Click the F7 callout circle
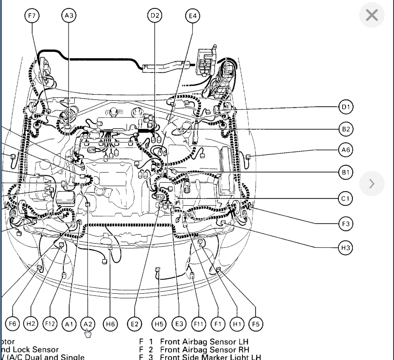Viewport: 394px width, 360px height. pyautogui.click(x=32, y=16)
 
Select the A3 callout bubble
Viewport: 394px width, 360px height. pyautogui.click(x=68, y=16)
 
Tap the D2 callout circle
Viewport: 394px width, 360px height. pyautogui.click(x=155, y=16)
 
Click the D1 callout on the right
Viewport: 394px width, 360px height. pyautogui.click(x=346, y=107)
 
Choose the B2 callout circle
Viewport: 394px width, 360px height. pyautogui.click(x=346, y=129)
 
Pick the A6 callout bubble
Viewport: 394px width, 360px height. pyautogui.click(x=346, y=150)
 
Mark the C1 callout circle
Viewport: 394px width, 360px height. pyautogui.click(x=346, y=198)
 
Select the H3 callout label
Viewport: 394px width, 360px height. pyautogui.click(x=346, y=247)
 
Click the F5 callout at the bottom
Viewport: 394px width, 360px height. pyautogui.click(x=256, y=324)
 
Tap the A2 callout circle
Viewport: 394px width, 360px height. pyautogui.click(x=87, y=324)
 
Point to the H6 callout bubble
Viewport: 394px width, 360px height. pyautogui.click(x=110, y=324)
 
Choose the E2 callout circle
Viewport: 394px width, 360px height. pyautogui.click(x=135, y=324)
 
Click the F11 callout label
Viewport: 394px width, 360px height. pyautogui.click(x=198, y=324)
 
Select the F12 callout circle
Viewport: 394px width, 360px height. pyautogui.click(x=51, y=324)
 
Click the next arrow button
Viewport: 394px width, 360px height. pyautogui.click(x=371, y=184)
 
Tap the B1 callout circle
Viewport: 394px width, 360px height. pyautogui.click(x=346, y=172)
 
